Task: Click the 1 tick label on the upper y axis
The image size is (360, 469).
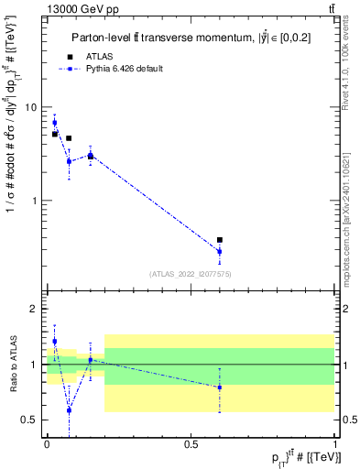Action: pyautogui.click(x=34, y=200)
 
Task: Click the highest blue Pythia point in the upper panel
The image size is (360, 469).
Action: pyautogui.click(x=54, y=123)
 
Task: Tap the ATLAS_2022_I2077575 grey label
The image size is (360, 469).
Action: pyautogui.click(x=190, y=274)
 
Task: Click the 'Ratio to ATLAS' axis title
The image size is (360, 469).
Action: pyautogui.click(x=13, y=365)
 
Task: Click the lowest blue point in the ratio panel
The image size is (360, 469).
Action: pyautogui.click(x=69, y=410)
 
